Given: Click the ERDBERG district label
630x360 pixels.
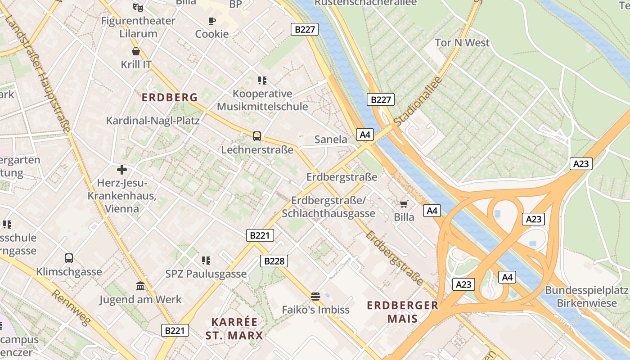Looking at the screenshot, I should pyautogui.click(x=170, y=97).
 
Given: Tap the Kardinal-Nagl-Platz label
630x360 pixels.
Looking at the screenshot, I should pyautogui.click(x=153, y=121).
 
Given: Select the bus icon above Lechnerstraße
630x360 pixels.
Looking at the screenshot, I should pyautogui.click(x=256, y=136).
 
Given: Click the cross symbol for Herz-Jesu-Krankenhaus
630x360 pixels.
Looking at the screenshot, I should pyautogui.click(x=121, y=170).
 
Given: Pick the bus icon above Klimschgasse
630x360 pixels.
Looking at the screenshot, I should pyautogui.click(x=68, y=258).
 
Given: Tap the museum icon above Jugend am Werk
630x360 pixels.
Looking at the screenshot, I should pyautogui.click(x=140, y=286).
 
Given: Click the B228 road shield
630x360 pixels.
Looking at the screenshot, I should pyautogui.click(x=274, y=261).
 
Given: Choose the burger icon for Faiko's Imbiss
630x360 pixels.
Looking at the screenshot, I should pyautogui.click(x=315, y=296).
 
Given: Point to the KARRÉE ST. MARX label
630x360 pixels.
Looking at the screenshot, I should pyautogui.click(x=234, y=328).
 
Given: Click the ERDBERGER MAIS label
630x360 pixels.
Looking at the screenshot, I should pyautogui.click(x=402, y=312).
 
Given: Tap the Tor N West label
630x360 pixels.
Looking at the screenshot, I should pyautogui.click(x=462, y=43).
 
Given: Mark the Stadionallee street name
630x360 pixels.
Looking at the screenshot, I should pyautogui.click(x=418, y=101).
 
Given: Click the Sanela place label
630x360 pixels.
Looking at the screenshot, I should pyautogui.click(x=331, y=139).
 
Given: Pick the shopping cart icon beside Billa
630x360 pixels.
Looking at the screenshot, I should pyautogui.click(x=404, y=204).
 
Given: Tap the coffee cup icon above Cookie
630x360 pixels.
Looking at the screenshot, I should pyautogui.click(x=212, y=21).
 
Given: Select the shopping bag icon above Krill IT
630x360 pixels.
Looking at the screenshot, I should pyautogui.click(x=136, y=51).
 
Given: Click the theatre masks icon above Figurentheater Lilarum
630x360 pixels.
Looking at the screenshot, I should pyautogui.click(x=138, y=7).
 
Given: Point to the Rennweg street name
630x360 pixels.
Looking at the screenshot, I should pyautogui.click(x=72, y=307).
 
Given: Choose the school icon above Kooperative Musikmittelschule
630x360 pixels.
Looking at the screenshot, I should pyautogui.click(x=262, y=81).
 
